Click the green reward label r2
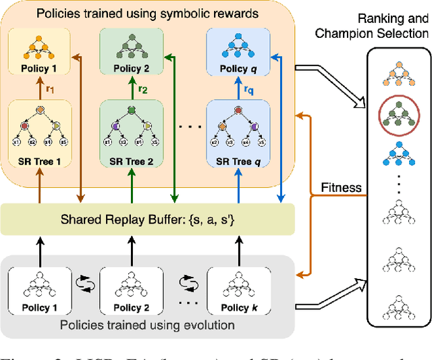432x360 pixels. point(142,88)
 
